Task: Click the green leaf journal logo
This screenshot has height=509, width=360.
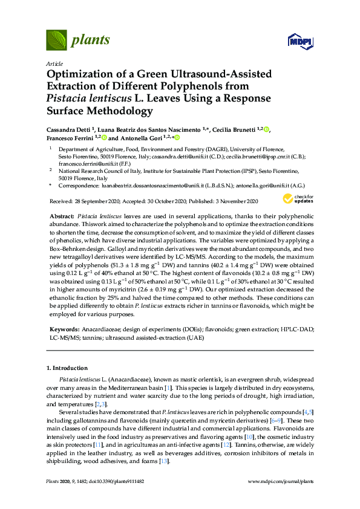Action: (56, 41)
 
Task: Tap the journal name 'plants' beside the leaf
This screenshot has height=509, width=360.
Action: (91, 41)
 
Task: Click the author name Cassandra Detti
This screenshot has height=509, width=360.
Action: (68, 129)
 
